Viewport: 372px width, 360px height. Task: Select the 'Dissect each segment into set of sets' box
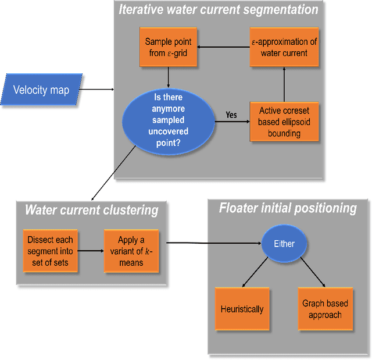49,251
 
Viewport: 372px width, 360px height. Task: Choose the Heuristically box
242,310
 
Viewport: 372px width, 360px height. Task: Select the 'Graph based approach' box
325,310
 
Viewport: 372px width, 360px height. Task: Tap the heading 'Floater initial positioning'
287,208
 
